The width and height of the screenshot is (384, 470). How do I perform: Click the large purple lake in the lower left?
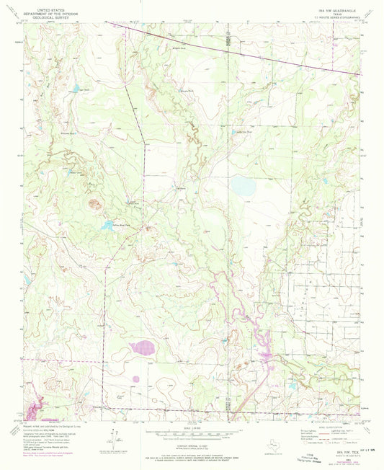coord(141,349)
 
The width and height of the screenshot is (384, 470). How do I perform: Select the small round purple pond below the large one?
coord(135,378)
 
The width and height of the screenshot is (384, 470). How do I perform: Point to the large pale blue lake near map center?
coord(242,187)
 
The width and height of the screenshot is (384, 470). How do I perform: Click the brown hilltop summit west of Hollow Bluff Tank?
coord(94,203)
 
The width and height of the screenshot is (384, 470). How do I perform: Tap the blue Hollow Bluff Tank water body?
coord(108,225)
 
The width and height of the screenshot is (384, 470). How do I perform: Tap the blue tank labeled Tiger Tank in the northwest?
coord(74,89)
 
